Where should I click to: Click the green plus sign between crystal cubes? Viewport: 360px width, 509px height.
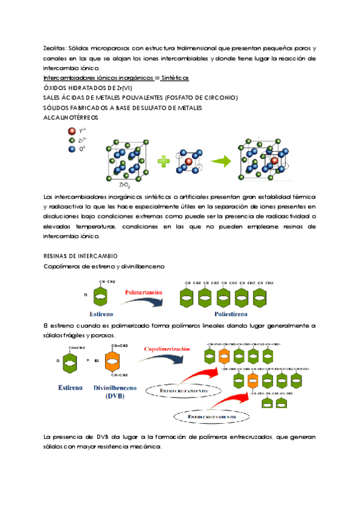click(x=163, y=161)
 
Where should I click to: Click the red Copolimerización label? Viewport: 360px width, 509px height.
click(x=167, y=348)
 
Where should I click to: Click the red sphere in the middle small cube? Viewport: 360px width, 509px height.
click(x=188, y=161)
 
